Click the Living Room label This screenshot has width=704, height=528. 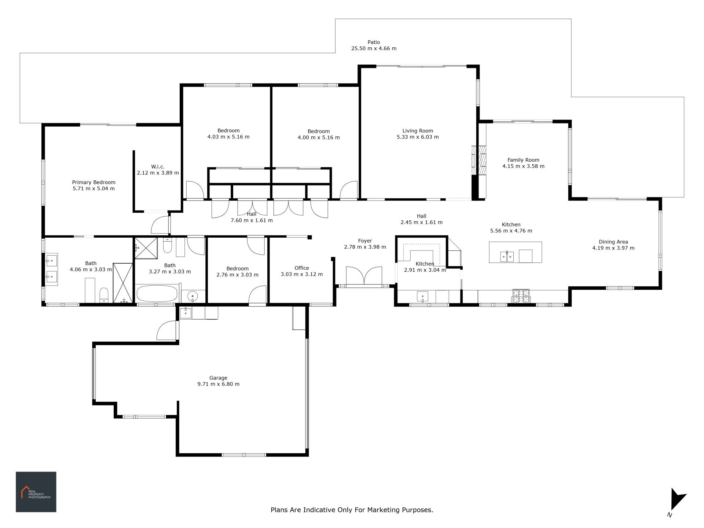pos(418,131)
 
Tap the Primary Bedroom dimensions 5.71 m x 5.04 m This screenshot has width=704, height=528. pos(94,189)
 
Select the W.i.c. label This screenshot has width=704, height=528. pos(158,167)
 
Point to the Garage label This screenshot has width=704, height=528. pos(219,378)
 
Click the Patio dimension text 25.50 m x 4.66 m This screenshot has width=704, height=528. pos(374,48)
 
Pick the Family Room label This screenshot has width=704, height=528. pos(524,160)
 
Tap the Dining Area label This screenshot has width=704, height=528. pos(613,242)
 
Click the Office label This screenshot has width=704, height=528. pos(302,268)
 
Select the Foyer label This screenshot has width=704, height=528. pos(365,241)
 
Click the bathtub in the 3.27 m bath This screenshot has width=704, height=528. pos(157,294)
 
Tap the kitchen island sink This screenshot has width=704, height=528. pos(507,257)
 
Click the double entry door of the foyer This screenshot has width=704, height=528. pos(364,276)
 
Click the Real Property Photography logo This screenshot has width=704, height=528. pos(36,492)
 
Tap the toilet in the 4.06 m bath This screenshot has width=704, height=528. pos(104,295)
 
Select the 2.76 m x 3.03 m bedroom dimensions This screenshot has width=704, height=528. pos(238,275)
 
